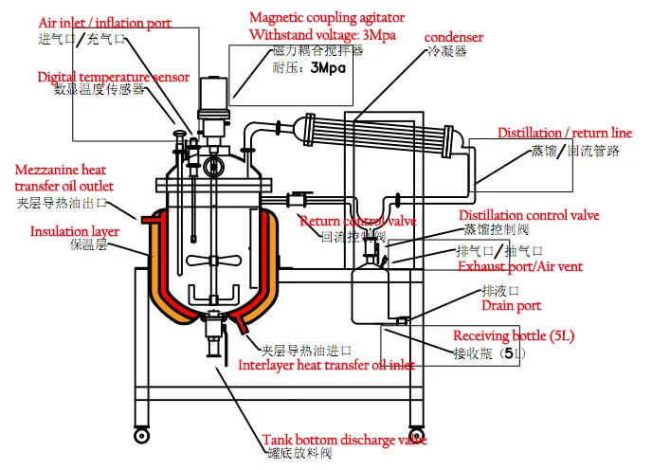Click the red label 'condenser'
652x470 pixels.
454,37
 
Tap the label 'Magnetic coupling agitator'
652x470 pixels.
326,18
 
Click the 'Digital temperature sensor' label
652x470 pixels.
114,77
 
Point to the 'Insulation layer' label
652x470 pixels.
74,230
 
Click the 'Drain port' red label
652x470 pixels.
511,305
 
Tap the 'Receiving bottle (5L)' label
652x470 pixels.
514,336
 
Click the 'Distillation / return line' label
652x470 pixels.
565,134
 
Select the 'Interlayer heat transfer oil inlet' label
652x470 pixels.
326,364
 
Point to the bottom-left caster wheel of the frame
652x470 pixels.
141,436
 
